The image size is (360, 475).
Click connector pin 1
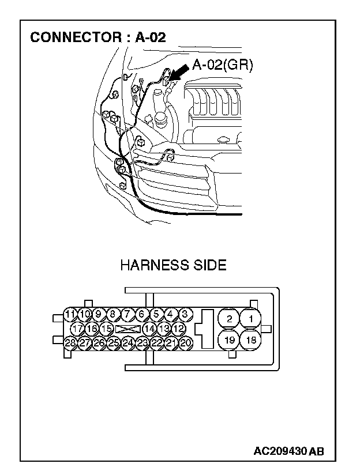pyautogui.click(x=250, y=319)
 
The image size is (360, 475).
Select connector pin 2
pyautogui.click(x=229, y=319)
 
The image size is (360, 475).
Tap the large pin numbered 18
pyautogui.click(x=251, y=340)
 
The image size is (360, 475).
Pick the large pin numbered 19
pyautogui.click(x=229, y=340)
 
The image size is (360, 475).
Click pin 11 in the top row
pyautogui.click(x=70, y=314)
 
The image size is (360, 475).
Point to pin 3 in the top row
pyautogui.click(x=185, y=314)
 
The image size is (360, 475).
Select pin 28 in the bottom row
pyautogui.click(x=70, y=342)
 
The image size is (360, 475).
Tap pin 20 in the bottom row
pyautogui.click(x=185, y=342)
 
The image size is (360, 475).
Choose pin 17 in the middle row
pyautogui.click(x=77, y=329)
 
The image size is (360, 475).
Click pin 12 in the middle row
pyautogui.click(x=178, y=329)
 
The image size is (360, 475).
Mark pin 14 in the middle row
pyautogui.click(x=149, y=329)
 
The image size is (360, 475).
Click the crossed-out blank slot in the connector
pyautogui.click(x=127, y=329)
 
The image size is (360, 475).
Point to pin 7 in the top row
pyautogui.click(x=127, y=314)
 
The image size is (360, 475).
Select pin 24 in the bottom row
pyautogui.click(x=127, y=342)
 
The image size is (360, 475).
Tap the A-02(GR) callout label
pyautogui.click(x=222, y=65)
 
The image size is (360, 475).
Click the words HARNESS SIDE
pyautogui.click(x=173, y=266)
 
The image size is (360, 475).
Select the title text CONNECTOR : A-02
pyautogui.click(x=98, y=37)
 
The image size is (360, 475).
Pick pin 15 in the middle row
pyautogui.click(x=106, y=329)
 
